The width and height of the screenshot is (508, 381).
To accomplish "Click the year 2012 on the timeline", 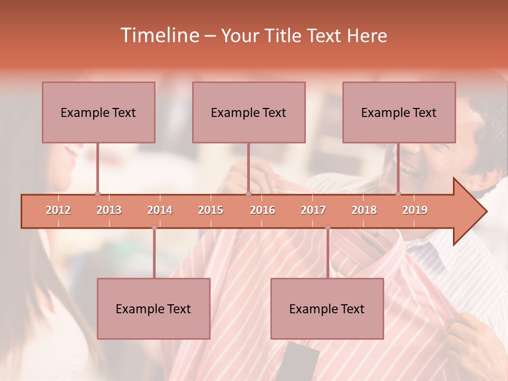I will coord(58,210).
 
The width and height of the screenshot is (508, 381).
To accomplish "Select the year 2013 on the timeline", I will coord(109,210).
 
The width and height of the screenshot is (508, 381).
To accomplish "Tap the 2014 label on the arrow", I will coord(160,210).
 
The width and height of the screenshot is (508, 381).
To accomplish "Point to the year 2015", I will coord(211,210).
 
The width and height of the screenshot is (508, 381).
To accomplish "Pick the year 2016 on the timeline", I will coord(262,210).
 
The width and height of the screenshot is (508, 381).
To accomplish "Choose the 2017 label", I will coord(313,210).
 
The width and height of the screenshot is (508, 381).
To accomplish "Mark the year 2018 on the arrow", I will coord(364,210).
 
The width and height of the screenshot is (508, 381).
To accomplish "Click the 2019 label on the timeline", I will coord(415,210).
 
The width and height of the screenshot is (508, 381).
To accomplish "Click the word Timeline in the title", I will coord(159,35).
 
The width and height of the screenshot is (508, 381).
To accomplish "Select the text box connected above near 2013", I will coord(98,112).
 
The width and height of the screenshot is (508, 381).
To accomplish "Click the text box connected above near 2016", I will coord(249,112).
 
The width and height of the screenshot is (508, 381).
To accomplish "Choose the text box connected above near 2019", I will coord(399,112).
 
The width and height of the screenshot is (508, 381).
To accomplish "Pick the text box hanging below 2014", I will coord(153,309).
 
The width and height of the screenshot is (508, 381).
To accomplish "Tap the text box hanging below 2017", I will coord(327,309).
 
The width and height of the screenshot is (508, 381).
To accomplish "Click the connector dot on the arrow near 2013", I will coord(97,194).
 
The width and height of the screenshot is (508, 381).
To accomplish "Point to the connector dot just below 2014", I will coord(154,228).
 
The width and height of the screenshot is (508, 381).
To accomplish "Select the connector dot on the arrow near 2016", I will coord(248,194).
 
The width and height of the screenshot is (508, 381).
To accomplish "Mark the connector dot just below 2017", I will coord(328,228).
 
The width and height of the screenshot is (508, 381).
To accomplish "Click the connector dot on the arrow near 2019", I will coord(398,194).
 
